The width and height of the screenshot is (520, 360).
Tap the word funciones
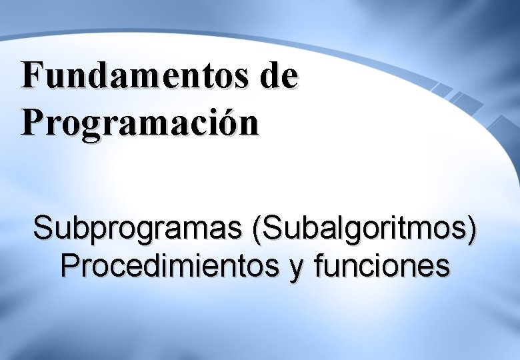click(x=384, y=266)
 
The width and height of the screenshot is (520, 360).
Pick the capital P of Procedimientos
click(x=69, y=266)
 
